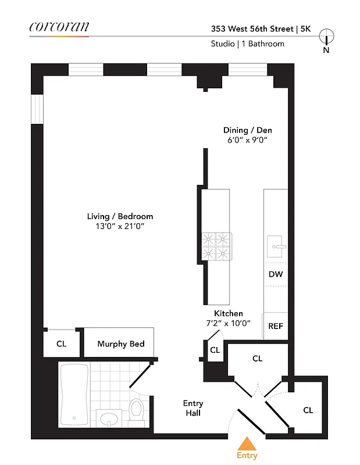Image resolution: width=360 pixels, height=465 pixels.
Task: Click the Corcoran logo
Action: point(59,27)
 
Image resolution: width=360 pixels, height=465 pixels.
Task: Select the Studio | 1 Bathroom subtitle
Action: point(247,44)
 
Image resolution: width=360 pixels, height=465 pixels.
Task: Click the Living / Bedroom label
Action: point(120,216)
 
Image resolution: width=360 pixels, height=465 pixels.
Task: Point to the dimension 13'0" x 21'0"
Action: point(120,226)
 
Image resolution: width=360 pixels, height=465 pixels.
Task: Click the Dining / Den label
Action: point(247,130)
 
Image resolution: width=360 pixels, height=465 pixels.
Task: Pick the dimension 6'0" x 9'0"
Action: point(247,140)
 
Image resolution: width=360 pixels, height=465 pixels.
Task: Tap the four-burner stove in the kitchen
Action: point(216,246)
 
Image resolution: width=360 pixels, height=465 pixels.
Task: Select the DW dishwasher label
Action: point(275,274)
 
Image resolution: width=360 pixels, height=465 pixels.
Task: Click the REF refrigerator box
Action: point(275,326)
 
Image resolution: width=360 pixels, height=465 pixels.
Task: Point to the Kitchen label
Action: point(229,313)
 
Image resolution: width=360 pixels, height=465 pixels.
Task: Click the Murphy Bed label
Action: point(120,344)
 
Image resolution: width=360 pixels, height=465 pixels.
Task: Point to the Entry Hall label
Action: point(193,408)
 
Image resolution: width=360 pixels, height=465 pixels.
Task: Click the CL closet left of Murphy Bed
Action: point(61,344)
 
